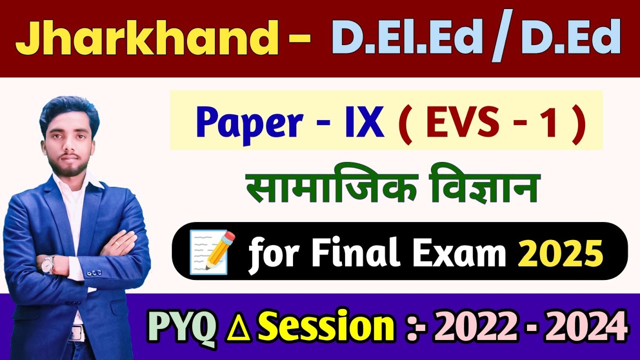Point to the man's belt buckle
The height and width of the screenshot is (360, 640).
coord(76,332)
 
